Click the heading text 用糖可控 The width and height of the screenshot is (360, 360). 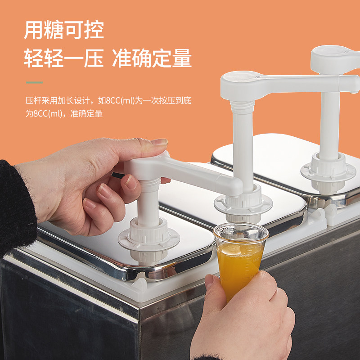[64, 30]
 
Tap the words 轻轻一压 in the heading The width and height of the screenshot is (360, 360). [64, 58]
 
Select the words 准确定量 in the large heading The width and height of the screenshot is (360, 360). [152, 58]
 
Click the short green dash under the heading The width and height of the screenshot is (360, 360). [34, 83]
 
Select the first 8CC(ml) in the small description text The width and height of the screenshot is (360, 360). [119, 101]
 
